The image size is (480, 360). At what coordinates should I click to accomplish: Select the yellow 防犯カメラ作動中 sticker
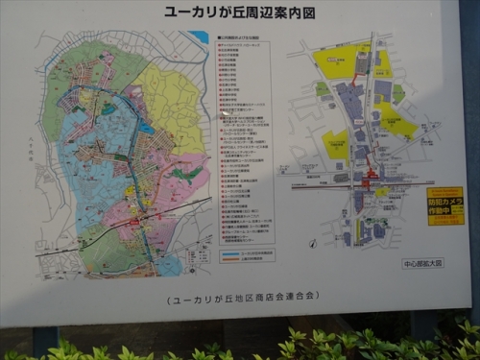444,205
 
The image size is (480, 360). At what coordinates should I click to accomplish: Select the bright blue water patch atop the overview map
199,37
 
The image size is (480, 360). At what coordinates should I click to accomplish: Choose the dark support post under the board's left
44,340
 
